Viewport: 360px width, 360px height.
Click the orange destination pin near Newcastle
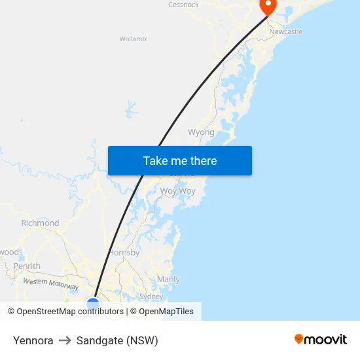pos(268,6)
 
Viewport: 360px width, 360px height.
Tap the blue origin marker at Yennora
pos(93,304)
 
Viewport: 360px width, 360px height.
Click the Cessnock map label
pos(183,5)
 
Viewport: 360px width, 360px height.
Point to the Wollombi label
pos(133,39)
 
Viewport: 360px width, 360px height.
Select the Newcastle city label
pos(286,31)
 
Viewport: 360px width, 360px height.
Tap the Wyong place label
pos(201,132)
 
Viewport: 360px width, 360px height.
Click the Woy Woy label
pos(178,191)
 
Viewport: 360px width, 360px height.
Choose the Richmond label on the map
pos(40,223)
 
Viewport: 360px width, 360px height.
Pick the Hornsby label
pos(124,253)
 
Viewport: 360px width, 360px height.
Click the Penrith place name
pos(27,266)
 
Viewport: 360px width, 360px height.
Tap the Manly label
pos(168,279)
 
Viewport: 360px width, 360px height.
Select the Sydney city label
pos(151,297)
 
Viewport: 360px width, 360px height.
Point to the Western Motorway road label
pos(50,284)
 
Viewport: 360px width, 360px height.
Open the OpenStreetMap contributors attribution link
pos(65,312)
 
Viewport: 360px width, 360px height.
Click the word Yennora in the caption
pos(33,340)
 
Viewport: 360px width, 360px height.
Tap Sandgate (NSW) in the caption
pos(117,340)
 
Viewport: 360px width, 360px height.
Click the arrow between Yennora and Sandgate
pos(65,340)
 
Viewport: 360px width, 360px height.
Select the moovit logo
pos(321,339)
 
